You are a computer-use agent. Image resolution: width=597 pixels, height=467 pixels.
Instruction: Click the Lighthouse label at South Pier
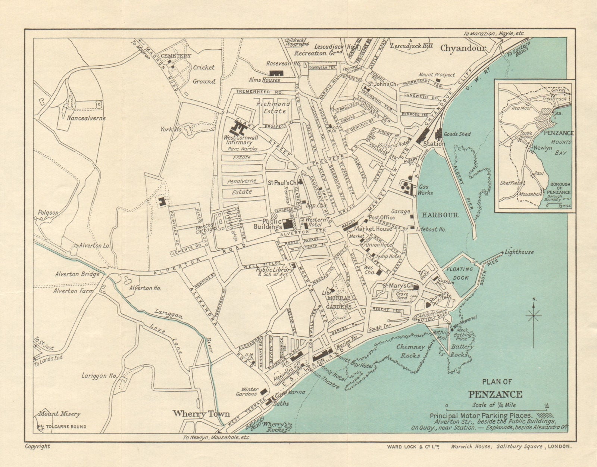tap(519, 252)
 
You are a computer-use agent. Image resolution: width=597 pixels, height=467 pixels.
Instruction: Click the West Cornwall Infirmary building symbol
tap(239, 129)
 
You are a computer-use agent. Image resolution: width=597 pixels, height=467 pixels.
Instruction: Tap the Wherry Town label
tap(201, 414)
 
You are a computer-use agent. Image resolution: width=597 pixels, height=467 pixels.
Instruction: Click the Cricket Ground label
tap(204, 74)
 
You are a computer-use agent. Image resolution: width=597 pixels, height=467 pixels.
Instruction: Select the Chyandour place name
tap(463, 48)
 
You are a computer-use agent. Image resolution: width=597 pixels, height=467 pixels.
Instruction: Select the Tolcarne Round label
tap(66, 427)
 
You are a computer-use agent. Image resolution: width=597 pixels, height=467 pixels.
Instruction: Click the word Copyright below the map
tap(37, 446)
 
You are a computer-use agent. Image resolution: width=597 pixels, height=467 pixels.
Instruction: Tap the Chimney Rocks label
tap(410, 351)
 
